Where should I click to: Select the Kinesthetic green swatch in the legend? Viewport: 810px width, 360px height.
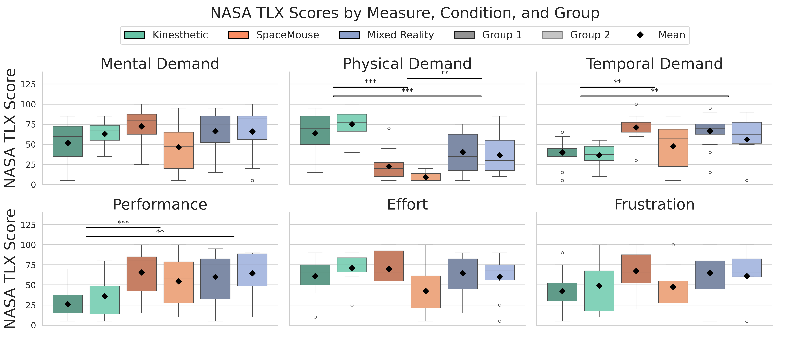pos(135,35)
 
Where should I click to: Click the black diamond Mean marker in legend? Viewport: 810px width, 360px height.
pos(640,35)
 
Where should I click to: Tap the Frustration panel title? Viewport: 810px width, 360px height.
pos(654,205)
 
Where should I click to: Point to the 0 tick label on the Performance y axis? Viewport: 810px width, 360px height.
pos(33,325)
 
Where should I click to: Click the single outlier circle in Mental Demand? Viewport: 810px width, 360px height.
pos(252,180)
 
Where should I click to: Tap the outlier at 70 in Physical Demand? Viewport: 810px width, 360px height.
pos(389,128)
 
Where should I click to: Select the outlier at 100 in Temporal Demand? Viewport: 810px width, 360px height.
pos(636,104)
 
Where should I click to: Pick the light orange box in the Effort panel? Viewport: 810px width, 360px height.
pos(426,292)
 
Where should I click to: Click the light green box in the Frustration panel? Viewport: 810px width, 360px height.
pos(599,291)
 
